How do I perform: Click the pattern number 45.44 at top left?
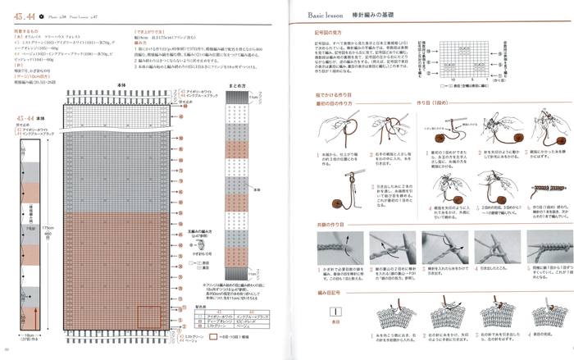pos(22,16)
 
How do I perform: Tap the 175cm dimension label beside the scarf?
pos(48,228)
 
